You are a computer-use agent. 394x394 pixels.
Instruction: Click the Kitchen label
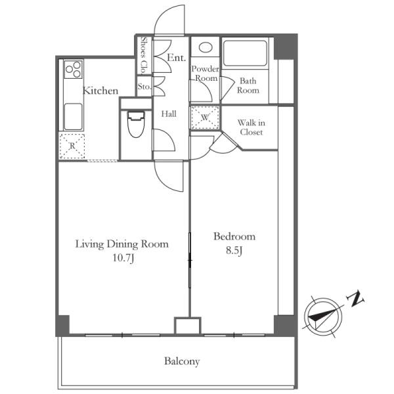[x=100, y=91]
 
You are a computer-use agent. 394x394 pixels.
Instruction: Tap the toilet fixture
[x=136, y=124]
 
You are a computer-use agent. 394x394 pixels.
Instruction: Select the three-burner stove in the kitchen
[x=73, y=69]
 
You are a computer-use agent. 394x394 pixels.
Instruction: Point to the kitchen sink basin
[x=73, y=117]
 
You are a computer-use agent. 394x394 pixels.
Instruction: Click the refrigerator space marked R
[x=72, y=146]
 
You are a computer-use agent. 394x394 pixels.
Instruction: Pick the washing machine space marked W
[x=205, y=118]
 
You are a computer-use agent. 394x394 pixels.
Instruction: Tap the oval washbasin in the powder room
[x=206, y=47]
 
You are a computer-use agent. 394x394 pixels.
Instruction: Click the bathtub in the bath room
[x=245, y=53]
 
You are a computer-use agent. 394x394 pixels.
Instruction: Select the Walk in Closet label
[x=252, y=127]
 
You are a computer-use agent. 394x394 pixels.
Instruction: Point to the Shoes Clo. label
[x=144, y=55]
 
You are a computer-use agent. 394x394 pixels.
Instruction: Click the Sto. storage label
[x=144, y=87]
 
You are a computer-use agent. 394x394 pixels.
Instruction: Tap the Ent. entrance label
[x=177, y=58]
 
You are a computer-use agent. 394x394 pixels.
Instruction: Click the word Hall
[x=169, y=114]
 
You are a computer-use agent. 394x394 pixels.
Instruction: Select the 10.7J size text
[x=123, y=258]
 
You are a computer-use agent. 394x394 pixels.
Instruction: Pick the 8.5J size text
[x=234, y=251]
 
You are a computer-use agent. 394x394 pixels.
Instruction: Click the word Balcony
[x=182, y=361]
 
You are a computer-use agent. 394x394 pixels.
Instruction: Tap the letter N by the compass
[x=355, y=299]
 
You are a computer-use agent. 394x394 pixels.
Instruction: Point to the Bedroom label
[x=234, y=236]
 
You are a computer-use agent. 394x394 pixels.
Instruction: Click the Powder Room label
[x=206, y=74]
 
